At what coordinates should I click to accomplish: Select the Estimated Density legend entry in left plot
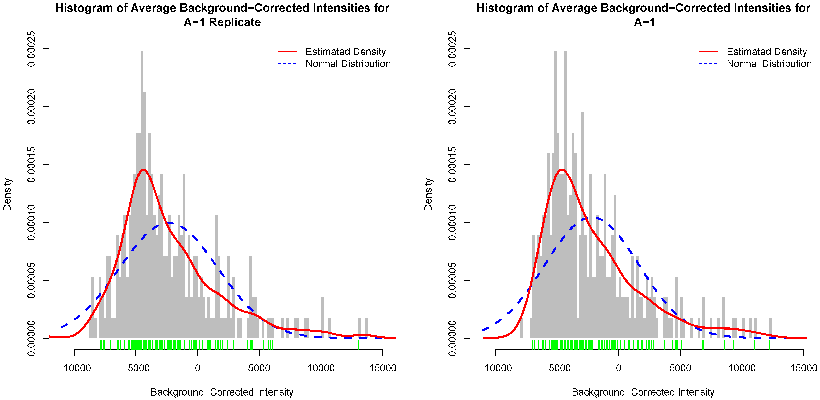pyautogui.click(x=345, y=52)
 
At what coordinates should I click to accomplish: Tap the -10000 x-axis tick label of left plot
pyautogui.click(x=74, y=368)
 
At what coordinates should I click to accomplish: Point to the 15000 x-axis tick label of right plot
pyautogui.click(x=804, y=368)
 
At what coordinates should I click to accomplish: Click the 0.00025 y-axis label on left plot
pyautogui.click(x=32, y=49)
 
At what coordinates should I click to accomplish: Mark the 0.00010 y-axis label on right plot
pyautogui.click(x=452, y=222)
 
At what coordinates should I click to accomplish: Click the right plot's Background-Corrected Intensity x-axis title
pyautogui.click(x=643, y=392)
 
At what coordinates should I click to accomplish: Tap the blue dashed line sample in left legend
pyautogui.click(x=287, y=64)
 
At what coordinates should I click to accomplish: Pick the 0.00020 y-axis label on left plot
pyautogui.click(x=32, y=107)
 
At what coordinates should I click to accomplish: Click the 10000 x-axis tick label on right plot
pyautogui.click(x=742, y=368)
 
